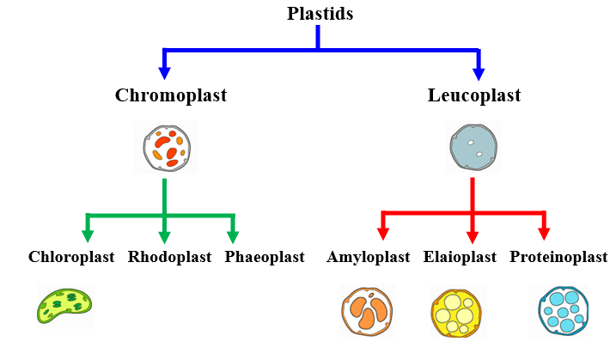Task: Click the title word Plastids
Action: (x=320, y=14)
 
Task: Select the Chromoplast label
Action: (x=171, y=95)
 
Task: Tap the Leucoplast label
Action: (x=474, y=95)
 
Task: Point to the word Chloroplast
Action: (x=71, y=257)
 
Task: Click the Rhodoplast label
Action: (x=170, y=257)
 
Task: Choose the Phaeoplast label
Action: (x=265, y=257)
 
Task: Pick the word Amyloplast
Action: (x=368, y=257)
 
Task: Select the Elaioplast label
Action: (x=460, y=257)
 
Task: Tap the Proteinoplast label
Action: (x=558, y=257)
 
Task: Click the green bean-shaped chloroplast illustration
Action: (x=64, y=306)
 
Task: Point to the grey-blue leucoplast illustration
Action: (x=473, y=147)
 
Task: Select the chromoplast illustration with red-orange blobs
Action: (x=167, y=148)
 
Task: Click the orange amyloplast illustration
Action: (x=367, y=312)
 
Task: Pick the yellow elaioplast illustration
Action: (x=456, y=314)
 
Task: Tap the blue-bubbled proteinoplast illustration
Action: (x=564, y=311)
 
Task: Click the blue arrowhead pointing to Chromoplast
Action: (x=164, y=73)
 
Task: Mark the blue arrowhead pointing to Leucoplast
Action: (x=479, y=74)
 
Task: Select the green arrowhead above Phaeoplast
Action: (x=233, y=237)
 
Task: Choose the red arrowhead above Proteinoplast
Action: (x=544, y=234)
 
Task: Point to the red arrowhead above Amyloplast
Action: (x=383, y=234)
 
